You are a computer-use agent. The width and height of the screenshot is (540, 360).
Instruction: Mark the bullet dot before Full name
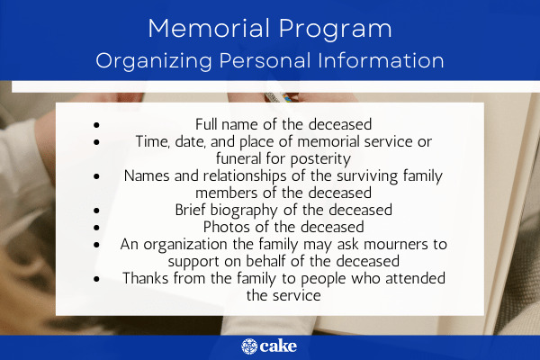96,124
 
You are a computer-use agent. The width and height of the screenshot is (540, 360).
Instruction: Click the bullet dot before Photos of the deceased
96,228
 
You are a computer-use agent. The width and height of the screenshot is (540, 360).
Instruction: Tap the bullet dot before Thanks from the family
96,278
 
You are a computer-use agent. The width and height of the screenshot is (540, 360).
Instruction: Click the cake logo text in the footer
280,346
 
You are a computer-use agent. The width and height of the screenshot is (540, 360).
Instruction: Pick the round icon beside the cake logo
249,346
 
